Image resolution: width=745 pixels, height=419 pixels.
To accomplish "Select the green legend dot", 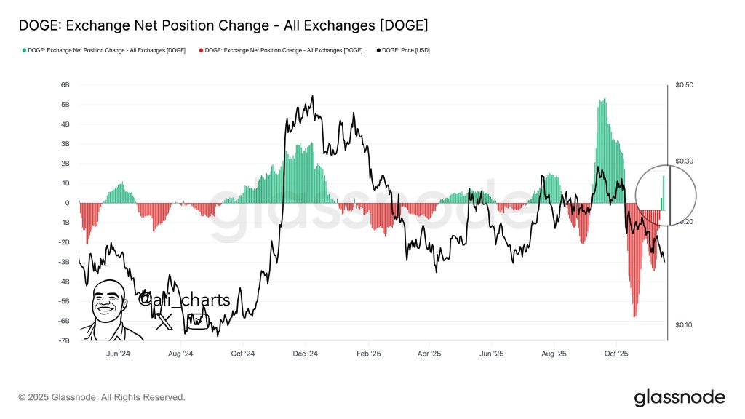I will coord(24,50).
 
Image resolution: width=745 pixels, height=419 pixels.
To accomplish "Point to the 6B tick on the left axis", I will coord(65,85).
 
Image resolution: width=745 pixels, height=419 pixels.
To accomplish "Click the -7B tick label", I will coord(64,340).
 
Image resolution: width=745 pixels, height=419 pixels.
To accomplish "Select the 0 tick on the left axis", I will coord(67,203).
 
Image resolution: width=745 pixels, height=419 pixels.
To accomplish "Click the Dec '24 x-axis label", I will coord(306,354).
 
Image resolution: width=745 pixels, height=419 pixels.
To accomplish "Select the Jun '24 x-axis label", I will coord(118,354).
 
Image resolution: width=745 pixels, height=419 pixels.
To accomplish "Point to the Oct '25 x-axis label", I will coord(617,354).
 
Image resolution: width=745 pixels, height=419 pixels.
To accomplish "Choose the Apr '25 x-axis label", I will coord(430,354).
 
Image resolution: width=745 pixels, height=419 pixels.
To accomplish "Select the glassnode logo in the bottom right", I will coord(680,397).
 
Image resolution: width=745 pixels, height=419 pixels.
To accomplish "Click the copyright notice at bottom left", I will coord(102,397).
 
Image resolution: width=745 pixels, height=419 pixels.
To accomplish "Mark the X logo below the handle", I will coord(164,321).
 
